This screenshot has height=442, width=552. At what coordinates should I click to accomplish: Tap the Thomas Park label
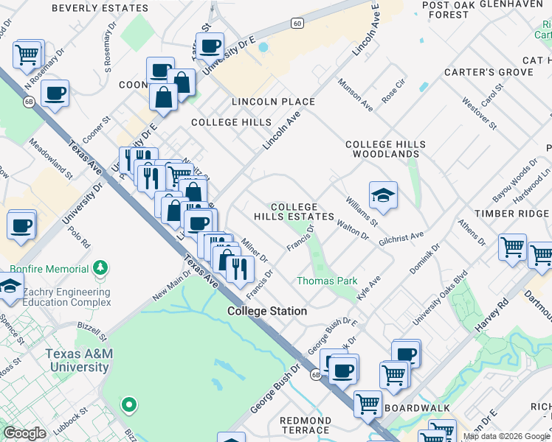point(327,281)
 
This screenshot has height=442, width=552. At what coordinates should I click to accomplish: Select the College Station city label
point(267,311)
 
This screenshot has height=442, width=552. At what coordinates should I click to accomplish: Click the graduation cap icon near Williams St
point(383,195)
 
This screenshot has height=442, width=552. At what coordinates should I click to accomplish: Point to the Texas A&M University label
point(79,360)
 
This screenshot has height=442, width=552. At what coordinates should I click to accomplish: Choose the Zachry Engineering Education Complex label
point(66,297)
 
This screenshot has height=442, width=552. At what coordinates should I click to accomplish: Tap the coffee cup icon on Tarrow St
point(210,46)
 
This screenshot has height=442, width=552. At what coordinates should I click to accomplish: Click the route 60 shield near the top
point(297,24)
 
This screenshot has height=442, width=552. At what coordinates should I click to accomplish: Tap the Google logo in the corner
point(24,433)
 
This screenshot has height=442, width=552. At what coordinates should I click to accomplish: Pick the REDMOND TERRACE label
point(305,425)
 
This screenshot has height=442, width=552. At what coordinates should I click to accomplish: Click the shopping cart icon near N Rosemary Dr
point(27,53)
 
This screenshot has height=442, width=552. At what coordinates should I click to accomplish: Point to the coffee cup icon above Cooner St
point(55,94)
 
